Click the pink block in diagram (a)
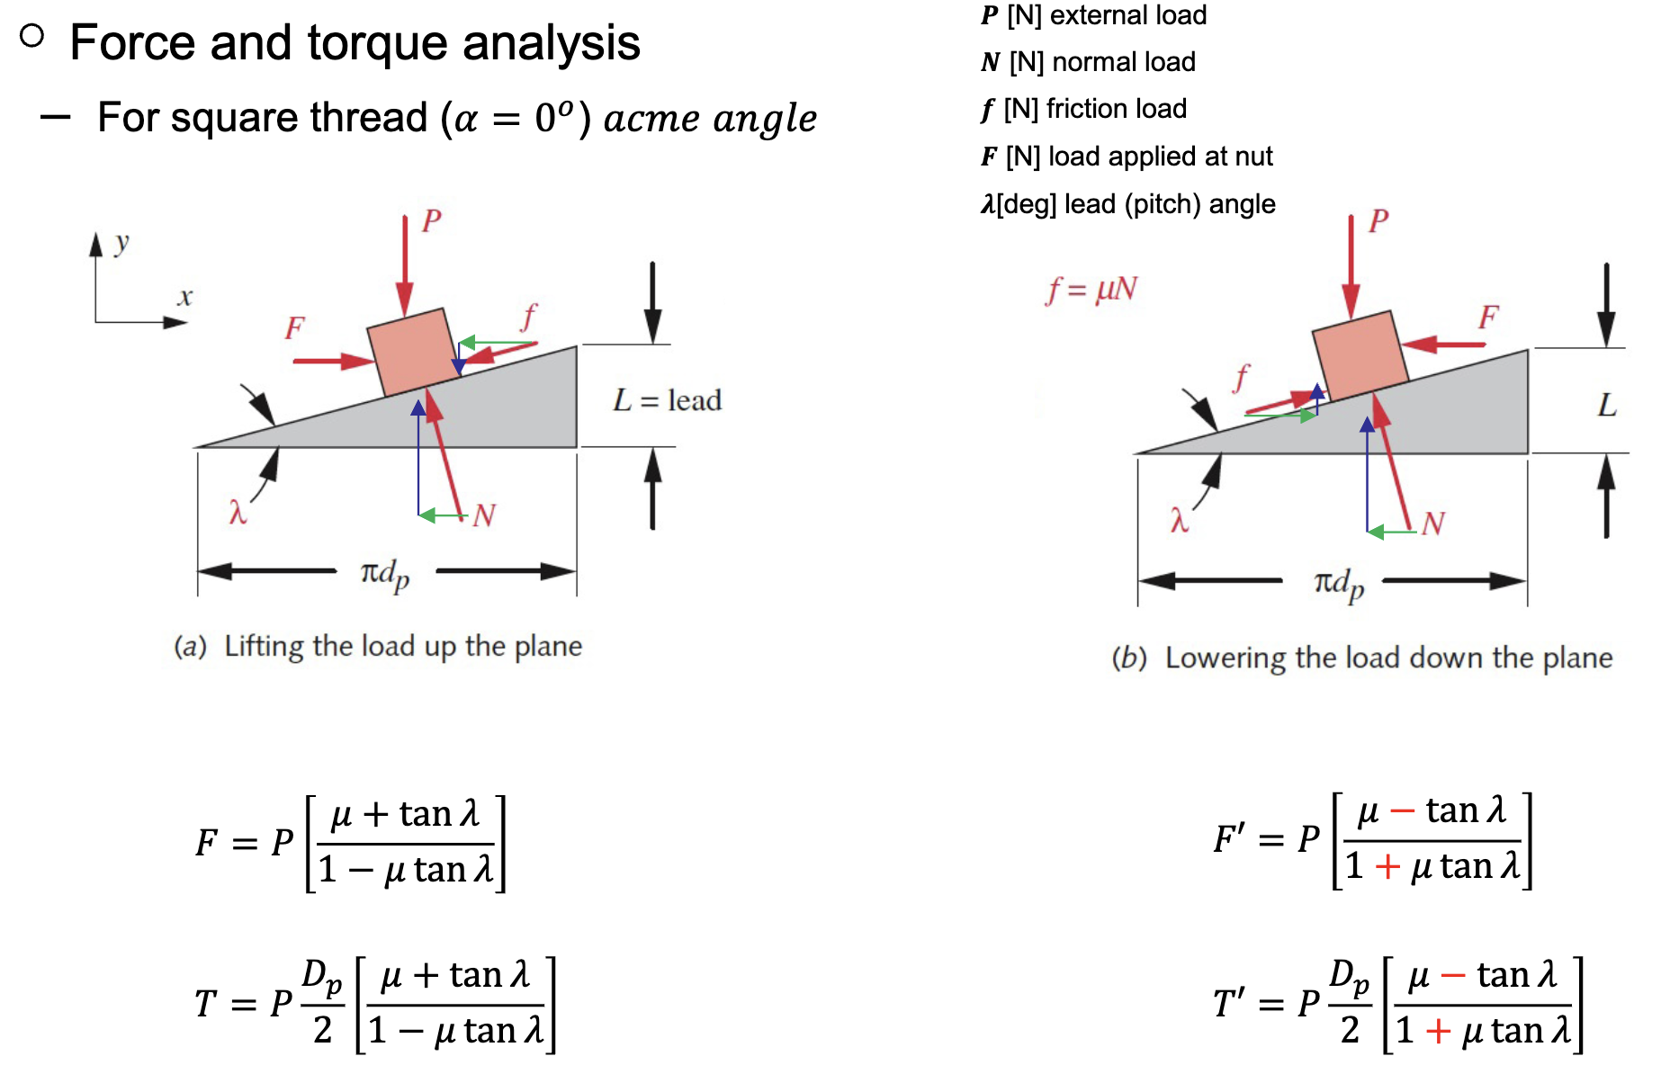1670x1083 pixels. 413,352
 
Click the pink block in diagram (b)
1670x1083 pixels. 1360,354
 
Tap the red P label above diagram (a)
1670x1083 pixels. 432,220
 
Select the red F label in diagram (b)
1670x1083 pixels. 1488,317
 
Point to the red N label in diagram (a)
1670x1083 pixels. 484,515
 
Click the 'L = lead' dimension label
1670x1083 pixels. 667,400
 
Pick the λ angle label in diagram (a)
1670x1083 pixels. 238,513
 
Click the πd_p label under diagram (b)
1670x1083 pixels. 1339,584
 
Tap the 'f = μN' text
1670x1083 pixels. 1091,290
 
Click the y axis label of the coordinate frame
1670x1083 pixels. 122,242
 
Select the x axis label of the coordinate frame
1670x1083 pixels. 184,297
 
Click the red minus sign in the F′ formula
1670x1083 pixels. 1402,811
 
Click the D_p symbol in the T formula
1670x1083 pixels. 321,975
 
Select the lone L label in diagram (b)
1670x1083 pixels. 1607,405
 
